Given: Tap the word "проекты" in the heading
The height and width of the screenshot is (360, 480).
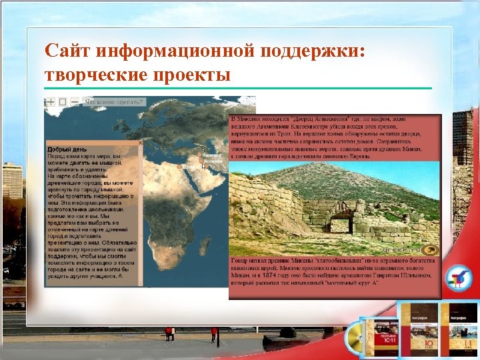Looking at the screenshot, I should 196,73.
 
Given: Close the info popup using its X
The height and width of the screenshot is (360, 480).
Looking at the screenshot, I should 139,143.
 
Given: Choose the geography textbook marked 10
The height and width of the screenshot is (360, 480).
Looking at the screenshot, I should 419,330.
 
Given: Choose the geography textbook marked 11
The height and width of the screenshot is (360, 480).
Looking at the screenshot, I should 461,330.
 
